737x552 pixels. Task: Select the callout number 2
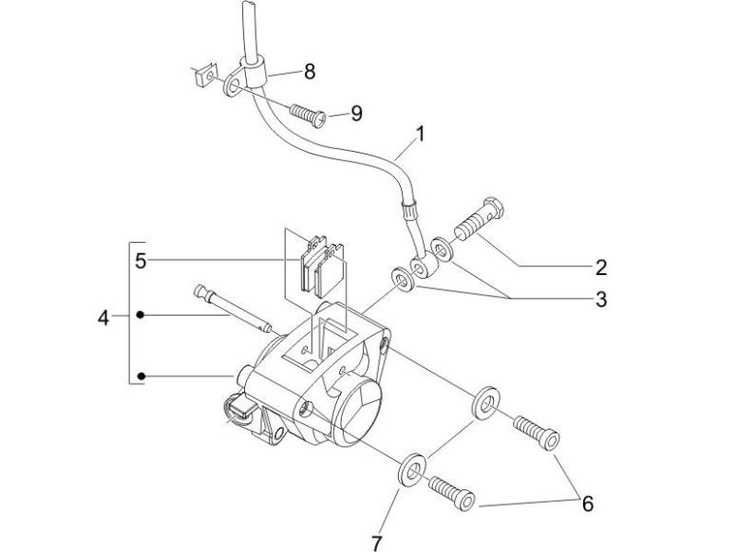[599, 267]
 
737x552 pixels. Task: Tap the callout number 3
[599, 300]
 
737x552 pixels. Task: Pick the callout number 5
[140, 260]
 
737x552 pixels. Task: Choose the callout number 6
[586, 504]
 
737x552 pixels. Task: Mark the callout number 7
[377, 543]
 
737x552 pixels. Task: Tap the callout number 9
[355, 113]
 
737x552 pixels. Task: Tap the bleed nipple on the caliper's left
[239, 410]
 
